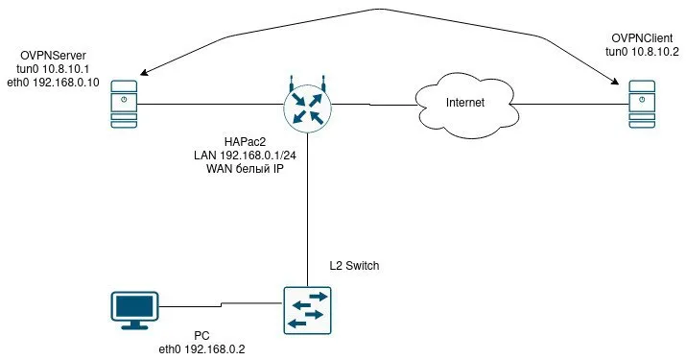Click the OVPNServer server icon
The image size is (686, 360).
[124, 105]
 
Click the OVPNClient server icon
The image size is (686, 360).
[642, 105]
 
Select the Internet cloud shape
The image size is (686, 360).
[465, 105]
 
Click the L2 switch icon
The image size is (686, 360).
[308, 310]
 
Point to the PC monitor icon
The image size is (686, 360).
[134, 310]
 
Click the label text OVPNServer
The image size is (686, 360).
[54, 56]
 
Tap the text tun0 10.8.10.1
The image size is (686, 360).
[54, 69]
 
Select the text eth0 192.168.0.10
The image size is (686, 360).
[54, 83]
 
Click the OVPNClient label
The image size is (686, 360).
[642, 38]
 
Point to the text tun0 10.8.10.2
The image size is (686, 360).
[642, 52]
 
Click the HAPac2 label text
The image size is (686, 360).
[245, 142]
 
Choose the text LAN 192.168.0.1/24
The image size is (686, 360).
[245, 155]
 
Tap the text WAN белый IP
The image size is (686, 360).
[245, 169]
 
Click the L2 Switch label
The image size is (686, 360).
[354, 265]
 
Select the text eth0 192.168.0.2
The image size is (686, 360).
[201, 349]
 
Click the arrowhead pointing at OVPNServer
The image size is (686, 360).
[143, 73]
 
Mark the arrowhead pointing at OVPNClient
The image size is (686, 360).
[615, 82]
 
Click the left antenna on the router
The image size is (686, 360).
[292, 84]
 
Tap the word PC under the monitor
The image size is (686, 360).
[201, 336]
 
